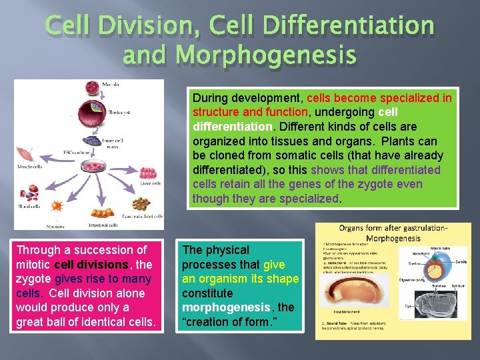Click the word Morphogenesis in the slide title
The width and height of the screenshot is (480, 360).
point(239,54)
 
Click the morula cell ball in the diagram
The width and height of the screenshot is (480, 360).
point(90,89)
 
